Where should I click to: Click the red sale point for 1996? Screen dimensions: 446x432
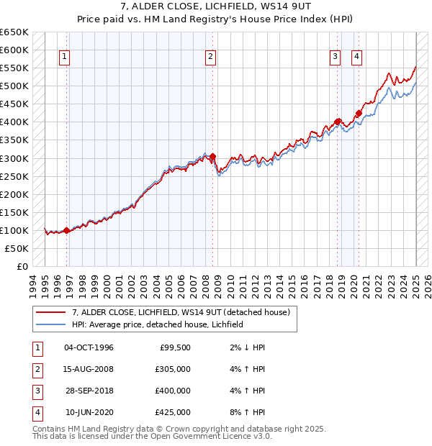pos(66,231)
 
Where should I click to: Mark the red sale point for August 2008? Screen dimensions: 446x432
pos(212,156)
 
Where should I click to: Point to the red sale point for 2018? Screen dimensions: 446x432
pos(338,122)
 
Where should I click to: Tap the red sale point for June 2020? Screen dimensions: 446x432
pos(359,113)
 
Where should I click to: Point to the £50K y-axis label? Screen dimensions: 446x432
pos(17,248)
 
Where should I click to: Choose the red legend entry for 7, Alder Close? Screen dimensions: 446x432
pos(180,312)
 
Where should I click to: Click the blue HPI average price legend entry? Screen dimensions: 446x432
pos(158,324)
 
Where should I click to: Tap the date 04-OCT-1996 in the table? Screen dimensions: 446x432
pos(89,347)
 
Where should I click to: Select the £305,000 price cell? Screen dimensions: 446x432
pos(173,369)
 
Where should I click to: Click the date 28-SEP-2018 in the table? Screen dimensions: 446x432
pos(89,391)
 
